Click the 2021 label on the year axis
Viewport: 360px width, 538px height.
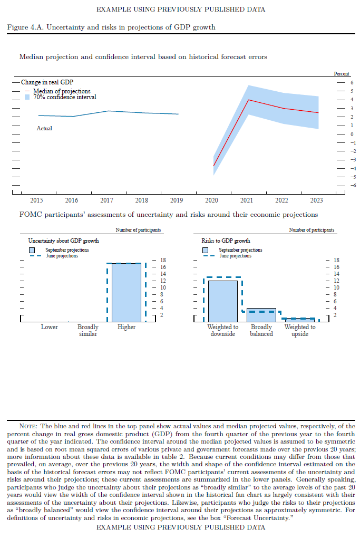(247, 200)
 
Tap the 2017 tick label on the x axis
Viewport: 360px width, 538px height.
(106, 200)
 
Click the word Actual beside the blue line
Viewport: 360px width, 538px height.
(44, 128)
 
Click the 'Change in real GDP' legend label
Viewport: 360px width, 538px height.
(47, 82)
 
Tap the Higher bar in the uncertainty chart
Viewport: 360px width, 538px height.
(127, 292)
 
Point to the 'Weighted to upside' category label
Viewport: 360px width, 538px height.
(300, 331)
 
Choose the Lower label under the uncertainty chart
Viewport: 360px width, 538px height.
(50, 327)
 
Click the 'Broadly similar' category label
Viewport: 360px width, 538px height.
(88, 331)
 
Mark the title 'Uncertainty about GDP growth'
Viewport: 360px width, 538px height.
(63, 241)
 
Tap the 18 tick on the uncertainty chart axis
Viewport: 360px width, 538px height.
(163, 260)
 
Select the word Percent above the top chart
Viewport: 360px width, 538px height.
(342, 74)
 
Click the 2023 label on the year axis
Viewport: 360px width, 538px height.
(317, 200)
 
